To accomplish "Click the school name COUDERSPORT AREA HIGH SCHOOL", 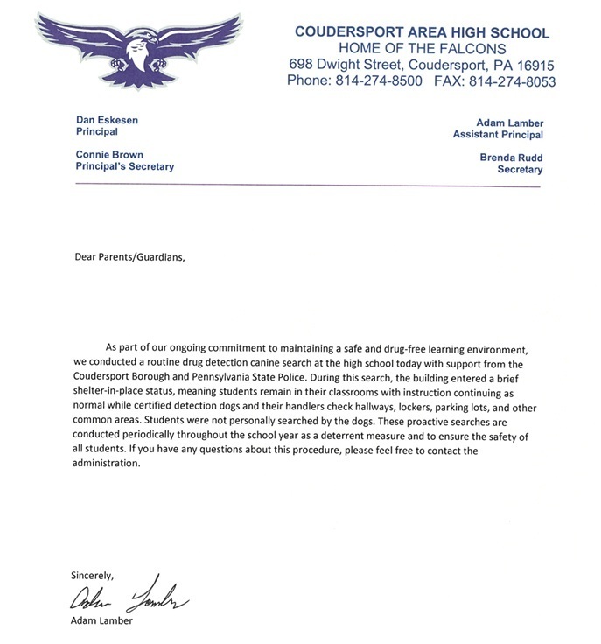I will coord(422,32).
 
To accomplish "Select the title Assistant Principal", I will coord(497,135).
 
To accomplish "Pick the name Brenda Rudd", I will coord(511,157).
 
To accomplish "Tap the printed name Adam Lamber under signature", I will coord(103,622).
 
